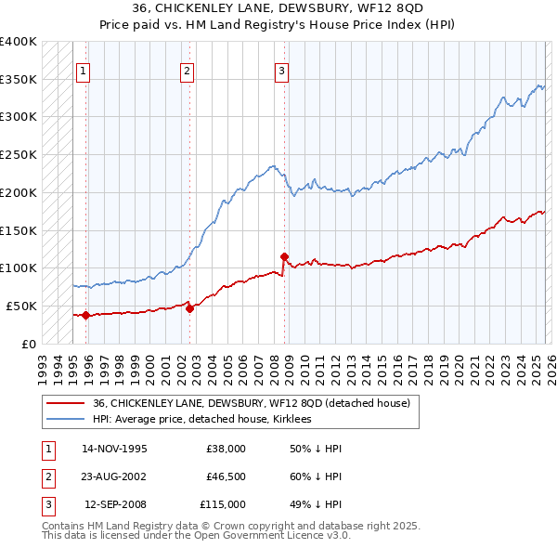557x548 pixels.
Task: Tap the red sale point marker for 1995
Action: (85, 315)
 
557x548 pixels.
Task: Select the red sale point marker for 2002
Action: (189, 308)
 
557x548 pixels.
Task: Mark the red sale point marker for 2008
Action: (284, 256)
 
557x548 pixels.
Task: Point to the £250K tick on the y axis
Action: (19, 154)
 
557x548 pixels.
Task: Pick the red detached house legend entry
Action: (256, 403)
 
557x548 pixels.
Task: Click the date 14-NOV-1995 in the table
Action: (114, 449)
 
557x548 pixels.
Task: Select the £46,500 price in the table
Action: (226, 476)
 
